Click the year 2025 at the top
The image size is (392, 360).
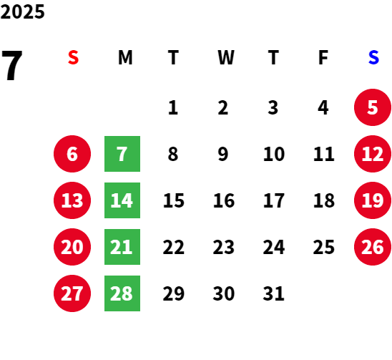22,11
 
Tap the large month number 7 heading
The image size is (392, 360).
12,65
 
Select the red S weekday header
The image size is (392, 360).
73,57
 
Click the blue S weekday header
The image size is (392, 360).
373,57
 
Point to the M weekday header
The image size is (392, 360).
125,57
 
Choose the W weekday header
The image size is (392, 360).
226,57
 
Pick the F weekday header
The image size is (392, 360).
323,57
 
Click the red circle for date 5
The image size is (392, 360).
373,107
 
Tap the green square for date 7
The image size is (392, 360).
122,154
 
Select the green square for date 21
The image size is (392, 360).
122,247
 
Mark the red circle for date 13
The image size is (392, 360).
72,200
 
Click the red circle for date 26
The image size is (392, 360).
373,247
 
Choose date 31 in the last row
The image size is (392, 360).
273,293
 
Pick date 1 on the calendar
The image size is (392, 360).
173,107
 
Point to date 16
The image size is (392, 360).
224,200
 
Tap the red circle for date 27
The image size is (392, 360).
72,293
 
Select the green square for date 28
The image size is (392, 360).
122,293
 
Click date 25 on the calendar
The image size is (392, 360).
324,247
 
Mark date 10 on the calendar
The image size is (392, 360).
274,154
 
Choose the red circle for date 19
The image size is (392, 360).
373,200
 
